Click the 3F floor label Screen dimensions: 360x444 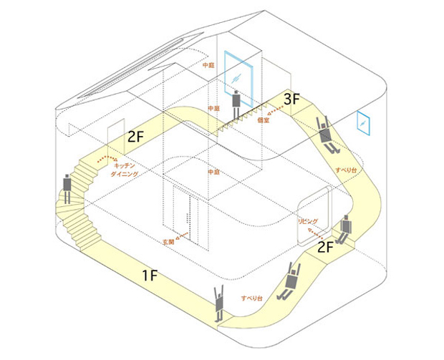[x=292, y=100]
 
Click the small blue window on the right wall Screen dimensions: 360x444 [x=364, y=123]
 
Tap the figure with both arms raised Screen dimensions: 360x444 [x=220, y=302]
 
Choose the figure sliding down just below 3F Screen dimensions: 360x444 [x=326, y=135]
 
